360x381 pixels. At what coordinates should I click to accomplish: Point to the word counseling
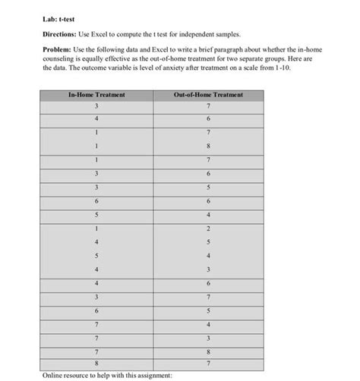tap(61, 58)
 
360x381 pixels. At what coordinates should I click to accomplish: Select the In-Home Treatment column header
tap(96, 95)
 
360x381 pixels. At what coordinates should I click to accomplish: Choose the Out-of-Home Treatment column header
tap(208, 95)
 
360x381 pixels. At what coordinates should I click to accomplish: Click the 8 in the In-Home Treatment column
tap(96, 364)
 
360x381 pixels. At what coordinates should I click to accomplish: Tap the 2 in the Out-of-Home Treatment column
tap(208, 228)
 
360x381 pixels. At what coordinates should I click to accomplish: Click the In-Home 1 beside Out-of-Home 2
tap(96, 228)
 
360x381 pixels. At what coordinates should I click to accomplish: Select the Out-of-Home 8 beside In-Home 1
tap(208, 147)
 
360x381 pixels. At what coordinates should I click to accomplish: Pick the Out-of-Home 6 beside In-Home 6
tap(208, 201)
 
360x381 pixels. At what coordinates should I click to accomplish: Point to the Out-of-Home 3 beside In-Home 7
tap(208, 337)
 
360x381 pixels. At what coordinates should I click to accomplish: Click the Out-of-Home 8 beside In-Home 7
tap(208, 351)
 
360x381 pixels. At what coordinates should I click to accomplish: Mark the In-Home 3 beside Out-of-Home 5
tap(96, 187)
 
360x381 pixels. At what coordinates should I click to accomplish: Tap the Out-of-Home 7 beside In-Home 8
tap(208, 364)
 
